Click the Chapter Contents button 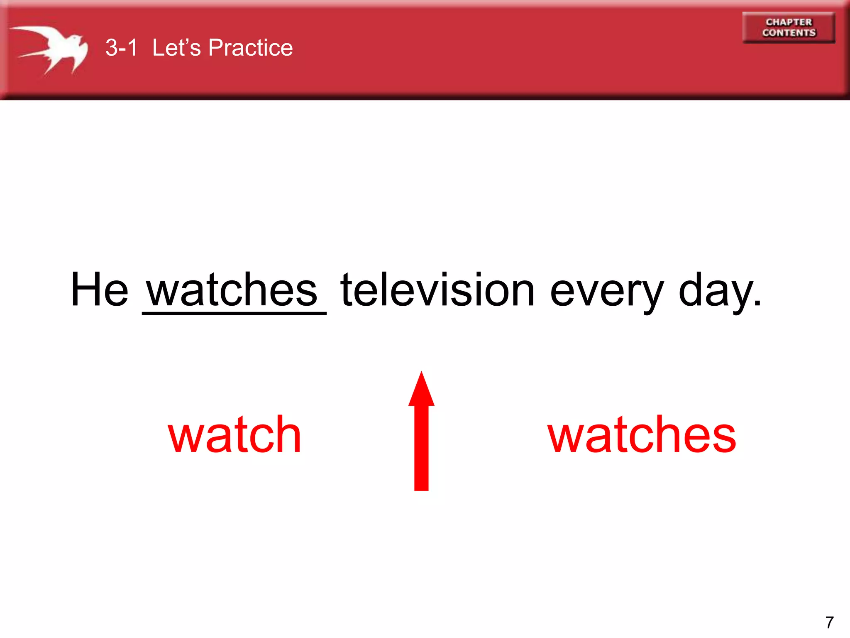click(789, 27)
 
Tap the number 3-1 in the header click(121, 47)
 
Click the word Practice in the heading click(250, 47)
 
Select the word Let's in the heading click(176, 47)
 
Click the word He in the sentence click(100, 290)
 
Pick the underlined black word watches click(232, 290)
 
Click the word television click(437, 290)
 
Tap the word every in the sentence click(607, 293)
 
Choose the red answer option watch click(234, 435)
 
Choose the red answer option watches click(642, 435)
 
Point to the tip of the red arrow click(421, 373)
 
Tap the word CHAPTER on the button click(789, 22)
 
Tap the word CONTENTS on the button click(789, 33)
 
